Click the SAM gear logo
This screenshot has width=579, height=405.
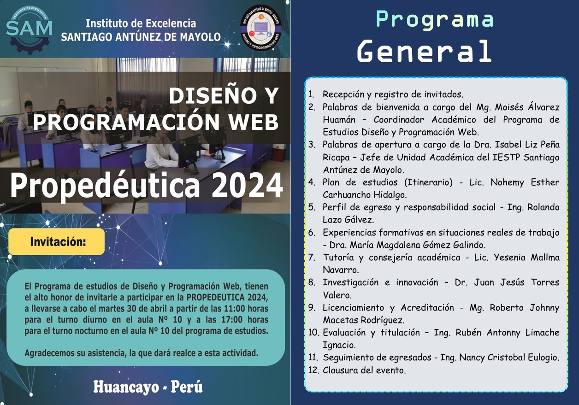tap(29, 29)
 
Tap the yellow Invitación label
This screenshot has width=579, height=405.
tap(57, 241)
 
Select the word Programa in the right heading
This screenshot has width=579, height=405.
tap(435, 19)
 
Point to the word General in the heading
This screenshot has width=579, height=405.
tap(425, 51)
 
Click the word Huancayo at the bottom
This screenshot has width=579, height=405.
tap(126, 387)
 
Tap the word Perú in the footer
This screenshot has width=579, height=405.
tap(187, 387)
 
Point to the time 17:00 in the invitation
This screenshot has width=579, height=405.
tap(232, 320)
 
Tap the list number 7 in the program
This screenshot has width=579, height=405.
tap(312, 257)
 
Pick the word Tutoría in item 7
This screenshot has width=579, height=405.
tap(338, 257)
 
